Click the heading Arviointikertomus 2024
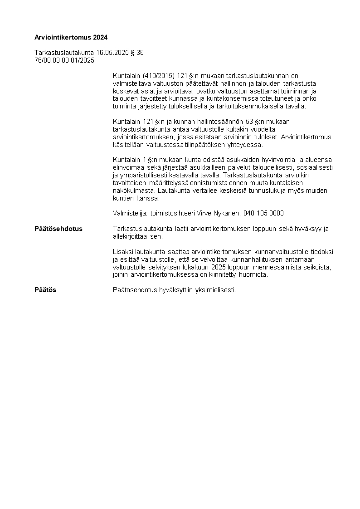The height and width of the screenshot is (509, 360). point(71,37)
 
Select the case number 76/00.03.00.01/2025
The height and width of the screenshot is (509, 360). point(64,60)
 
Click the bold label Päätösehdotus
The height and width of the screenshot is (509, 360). point(58,229)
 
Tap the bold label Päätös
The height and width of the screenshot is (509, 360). point(45,289)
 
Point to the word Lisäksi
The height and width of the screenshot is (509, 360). point(123,252)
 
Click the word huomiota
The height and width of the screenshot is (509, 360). point(254,274)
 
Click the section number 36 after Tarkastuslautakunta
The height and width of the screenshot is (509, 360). point(140,53)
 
